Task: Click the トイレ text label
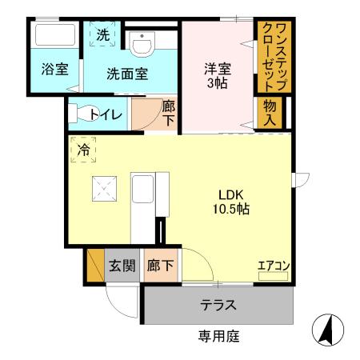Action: click(x=107, y=114)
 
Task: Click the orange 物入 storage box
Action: click(x=270, y=113)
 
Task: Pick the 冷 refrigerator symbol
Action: click(x=84, y=150)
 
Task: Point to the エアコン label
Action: click(x=273, y=267)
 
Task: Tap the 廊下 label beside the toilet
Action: click(x=168, y=113)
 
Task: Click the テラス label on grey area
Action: click(x=218, y=305)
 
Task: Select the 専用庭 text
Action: click(x=218, y=337)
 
